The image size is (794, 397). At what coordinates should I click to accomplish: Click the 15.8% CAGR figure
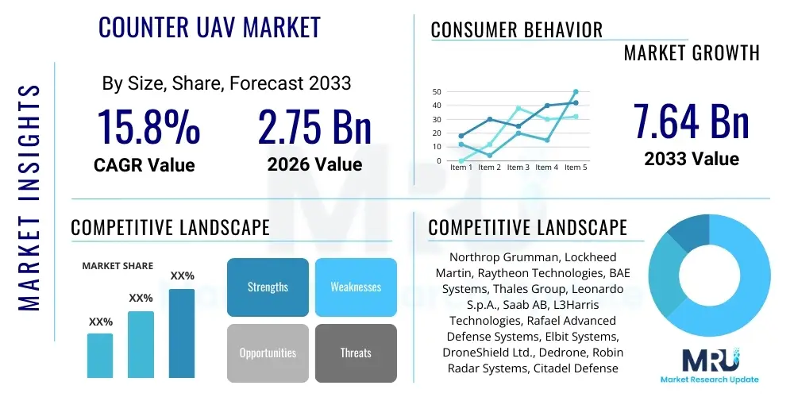coord(148,128)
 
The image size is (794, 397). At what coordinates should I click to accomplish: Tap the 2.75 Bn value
coord(314,128)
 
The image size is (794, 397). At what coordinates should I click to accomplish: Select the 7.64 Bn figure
coord(692,121)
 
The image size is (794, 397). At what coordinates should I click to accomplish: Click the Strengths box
coord(268,287)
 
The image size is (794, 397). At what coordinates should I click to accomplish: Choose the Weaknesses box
coord(356,287)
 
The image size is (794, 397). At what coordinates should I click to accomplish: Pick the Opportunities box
coord(268,353)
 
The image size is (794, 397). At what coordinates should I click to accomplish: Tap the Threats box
coord(356,353)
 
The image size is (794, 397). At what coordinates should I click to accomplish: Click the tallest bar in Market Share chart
coord(182,333)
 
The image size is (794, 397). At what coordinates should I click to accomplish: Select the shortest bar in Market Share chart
coord(100,355)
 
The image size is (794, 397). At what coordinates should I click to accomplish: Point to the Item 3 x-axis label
coord(518,168)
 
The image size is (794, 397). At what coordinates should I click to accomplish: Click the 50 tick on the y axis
coord(437,92)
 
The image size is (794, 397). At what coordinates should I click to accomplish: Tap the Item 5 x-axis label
coord(574,168)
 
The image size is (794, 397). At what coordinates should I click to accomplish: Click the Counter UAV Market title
coord(210,28)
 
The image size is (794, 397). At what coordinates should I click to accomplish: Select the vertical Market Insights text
coord(29,195)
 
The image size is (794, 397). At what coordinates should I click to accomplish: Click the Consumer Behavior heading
coord(517,30)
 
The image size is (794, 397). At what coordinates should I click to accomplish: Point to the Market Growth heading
coord(692,53)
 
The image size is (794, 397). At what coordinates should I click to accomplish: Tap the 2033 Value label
coord(692,159)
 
